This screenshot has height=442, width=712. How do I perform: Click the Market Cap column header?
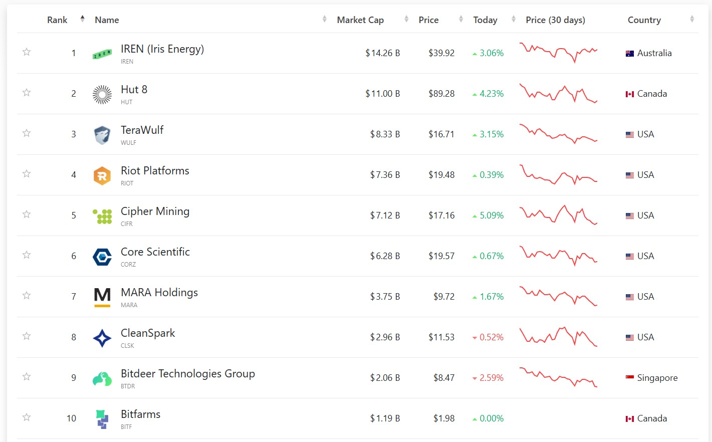pos(360,20)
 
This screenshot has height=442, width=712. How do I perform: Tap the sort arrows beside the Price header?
pos(461,19)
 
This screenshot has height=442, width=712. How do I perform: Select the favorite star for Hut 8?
pos(27,93)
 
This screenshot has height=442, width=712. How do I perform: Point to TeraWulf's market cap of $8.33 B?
pos(385,134)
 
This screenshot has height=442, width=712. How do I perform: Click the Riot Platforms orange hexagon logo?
pos(102,175)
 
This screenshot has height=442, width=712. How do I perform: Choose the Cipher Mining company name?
pos(155,211)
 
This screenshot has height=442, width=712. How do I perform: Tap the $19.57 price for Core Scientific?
pos(441,256)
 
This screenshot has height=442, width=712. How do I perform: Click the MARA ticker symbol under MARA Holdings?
pos(129,305)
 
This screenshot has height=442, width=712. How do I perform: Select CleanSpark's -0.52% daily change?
pos(488,337)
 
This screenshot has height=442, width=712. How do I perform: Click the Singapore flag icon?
pos(630,377)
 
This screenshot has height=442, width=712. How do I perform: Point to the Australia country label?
pos(654,53)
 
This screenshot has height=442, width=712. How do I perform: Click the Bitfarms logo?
pos(102,419)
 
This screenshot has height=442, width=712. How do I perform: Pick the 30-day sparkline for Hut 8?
pos(559,94)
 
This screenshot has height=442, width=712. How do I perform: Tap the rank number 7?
pos(74,296)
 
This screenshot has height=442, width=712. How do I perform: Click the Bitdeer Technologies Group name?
pos(188,374)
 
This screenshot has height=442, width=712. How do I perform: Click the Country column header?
pos(644,20)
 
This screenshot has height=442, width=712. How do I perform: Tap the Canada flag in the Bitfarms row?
pos(630,419)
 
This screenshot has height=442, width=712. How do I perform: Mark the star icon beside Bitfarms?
pos(27,417)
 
